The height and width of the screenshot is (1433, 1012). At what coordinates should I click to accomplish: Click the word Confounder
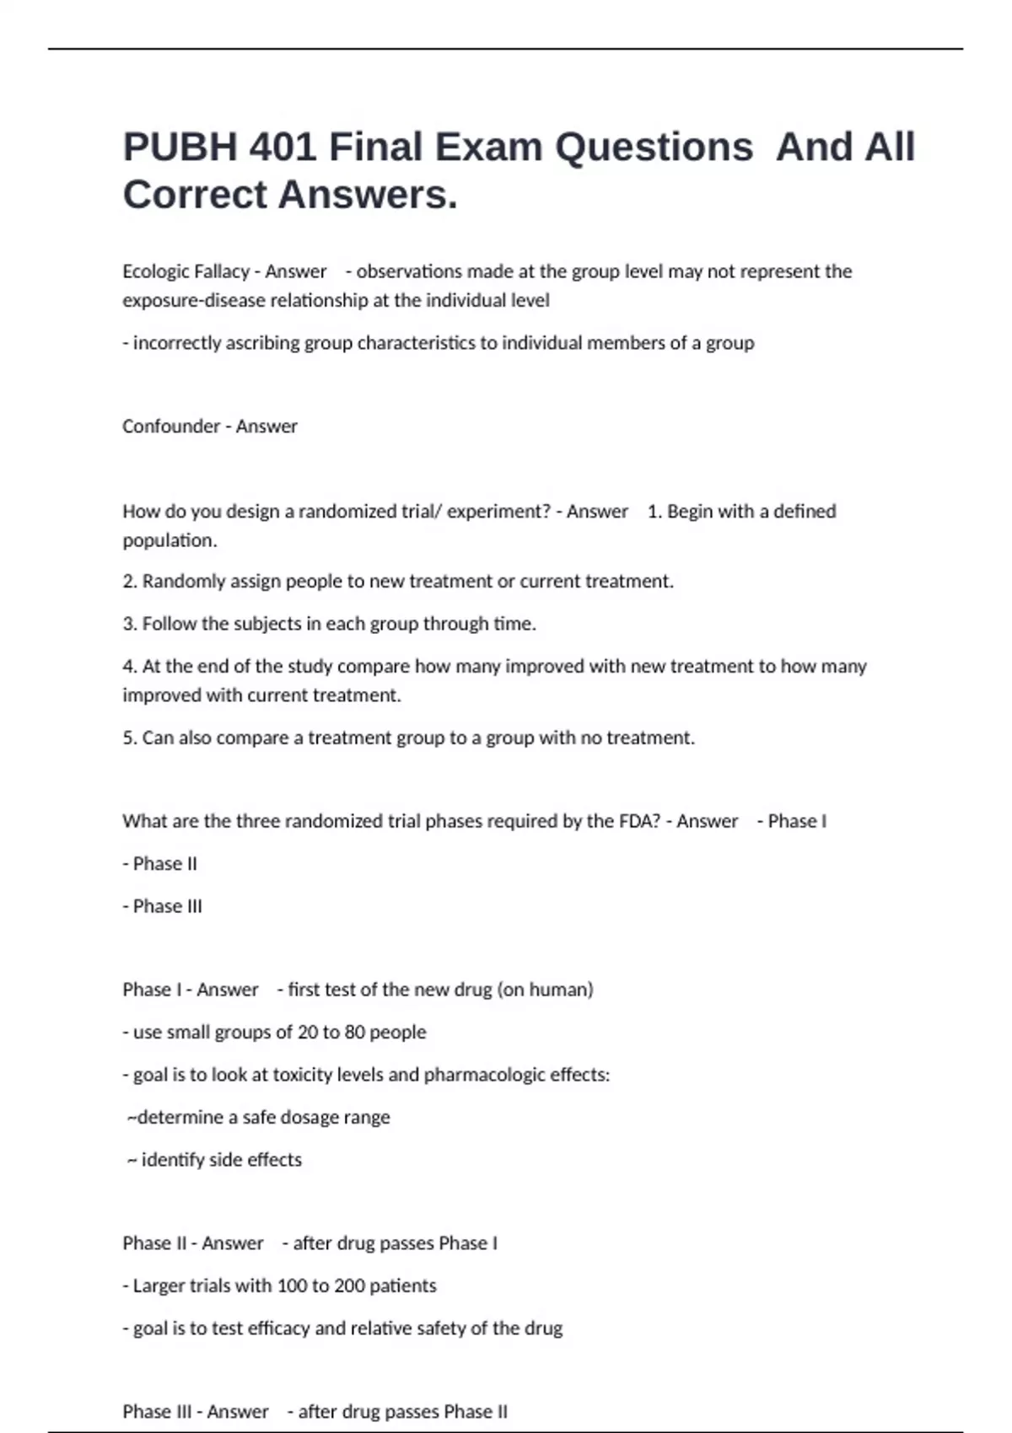coord(170,427)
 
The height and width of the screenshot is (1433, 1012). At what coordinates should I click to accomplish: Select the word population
coord(170,540)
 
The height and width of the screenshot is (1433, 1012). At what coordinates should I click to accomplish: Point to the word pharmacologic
coord(483,1075)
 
